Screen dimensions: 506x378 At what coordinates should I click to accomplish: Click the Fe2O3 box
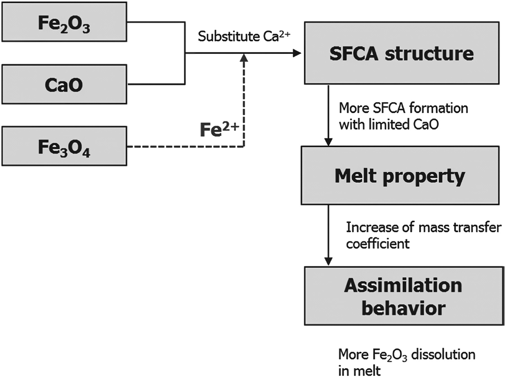tap(64, 22)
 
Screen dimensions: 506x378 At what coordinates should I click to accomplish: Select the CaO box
tap(64, 84)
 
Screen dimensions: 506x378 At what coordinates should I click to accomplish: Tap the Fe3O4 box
tap(64, 146)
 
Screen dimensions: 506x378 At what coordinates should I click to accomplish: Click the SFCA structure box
tap(402, 53)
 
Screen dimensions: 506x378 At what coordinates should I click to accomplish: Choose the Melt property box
tap(400, 175)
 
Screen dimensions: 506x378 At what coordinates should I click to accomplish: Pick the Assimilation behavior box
tap(404, 296)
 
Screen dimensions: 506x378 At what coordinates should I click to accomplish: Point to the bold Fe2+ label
tap(219, 130)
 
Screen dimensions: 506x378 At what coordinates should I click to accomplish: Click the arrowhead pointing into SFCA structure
tap(297, 53)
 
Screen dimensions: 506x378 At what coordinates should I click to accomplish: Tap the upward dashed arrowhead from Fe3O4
tap(244, 57)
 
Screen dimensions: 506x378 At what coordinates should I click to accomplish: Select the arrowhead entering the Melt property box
tap(328, 142)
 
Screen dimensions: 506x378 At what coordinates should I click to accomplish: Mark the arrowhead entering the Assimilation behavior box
tap(328, 261)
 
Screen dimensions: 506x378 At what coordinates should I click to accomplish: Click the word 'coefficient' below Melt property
tap(378, 244)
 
